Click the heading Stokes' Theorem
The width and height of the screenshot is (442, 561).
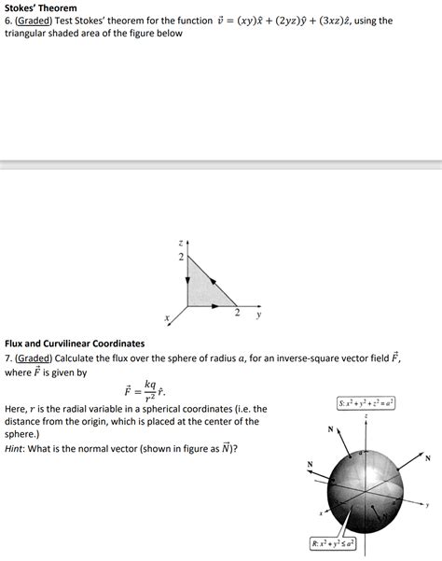pos(40,7)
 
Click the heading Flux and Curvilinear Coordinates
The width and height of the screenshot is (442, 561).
pos(75,344)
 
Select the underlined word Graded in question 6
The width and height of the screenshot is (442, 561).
pos(35,21)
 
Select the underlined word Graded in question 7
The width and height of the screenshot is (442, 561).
pos(35,358)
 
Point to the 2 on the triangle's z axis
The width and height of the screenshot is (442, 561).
pos(182,256)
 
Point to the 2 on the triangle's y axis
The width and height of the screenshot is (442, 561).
pos(237,313)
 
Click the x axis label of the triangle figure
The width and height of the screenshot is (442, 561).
pos(167,320)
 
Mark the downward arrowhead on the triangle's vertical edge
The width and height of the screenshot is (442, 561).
pos(187,288)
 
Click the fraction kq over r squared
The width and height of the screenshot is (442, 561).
pos(150,389)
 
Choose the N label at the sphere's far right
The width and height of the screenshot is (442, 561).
pos(427,457)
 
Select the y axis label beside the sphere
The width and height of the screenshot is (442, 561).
pos(427,505)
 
